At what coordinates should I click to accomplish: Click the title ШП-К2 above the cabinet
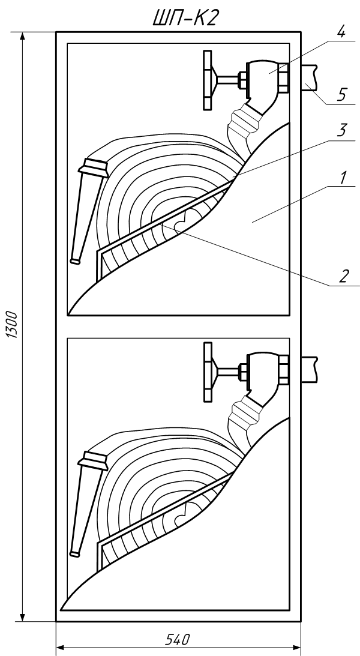coord(185,18)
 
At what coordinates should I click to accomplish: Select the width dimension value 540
coord(178,640)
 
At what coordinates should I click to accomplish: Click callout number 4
coord(341,32)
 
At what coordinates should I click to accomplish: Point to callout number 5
coord(341,95)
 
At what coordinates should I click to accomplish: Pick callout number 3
coord(341,130)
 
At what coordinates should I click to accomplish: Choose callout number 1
coord(343,178)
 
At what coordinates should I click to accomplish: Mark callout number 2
coord(343,277)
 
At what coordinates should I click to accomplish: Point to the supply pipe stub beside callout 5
coord(310,78)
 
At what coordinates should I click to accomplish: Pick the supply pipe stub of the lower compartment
coord(310,370)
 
